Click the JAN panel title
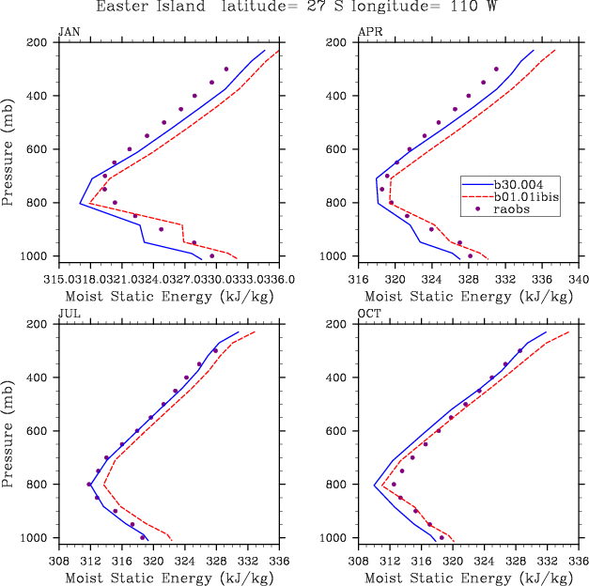point(69,32)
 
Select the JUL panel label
point(69,314)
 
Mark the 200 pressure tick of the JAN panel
point(38,42)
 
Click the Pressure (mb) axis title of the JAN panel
point(8,150)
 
